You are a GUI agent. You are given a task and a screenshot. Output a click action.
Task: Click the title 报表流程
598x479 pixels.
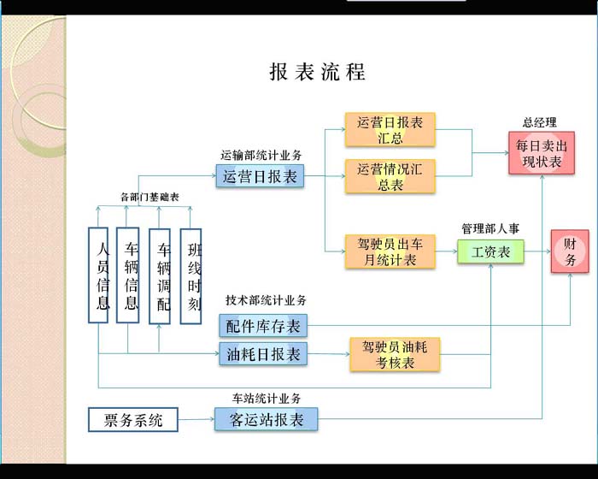click(318, 72)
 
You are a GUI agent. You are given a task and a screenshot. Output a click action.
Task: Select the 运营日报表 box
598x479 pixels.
click(261, 177)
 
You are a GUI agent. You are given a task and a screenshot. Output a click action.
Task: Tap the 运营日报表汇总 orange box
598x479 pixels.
click(390, 129)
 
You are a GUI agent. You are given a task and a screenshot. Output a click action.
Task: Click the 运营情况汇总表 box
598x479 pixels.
click(390, 175)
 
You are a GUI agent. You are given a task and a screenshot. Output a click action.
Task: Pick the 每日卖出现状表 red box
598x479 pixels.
click(542, 153)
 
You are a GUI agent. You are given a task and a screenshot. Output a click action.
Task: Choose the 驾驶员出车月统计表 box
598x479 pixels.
click(390, 251)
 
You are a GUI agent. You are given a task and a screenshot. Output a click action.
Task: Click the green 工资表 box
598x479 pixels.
click(490, 251)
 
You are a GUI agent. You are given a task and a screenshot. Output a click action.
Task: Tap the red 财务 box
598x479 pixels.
click(570, 251)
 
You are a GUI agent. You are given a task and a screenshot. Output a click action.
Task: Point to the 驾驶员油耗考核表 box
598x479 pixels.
click(395, 354)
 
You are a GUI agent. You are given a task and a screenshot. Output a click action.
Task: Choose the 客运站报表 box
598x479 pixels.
click(267, 420)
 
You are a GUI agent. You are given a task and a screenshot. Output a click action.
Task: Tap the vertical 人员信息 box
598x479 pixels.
click(100, 275)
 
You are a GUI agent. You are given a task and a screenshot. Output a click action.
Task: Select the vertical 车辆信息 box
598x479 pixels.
click(128, 275)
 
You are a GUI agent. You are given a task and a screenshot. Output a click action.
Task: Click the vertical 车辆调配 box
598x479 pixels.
click(160, 275)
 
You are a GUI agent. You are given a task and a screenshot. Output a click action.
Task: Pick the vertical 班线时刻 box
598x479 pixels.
click(191, 275)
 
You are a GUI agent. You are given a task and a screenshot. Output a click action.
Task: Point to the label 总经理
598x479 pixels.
click(540, 122)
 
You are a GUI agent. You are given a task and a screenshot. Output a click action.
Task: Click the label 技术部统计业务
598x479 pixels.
click(267, 300)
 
